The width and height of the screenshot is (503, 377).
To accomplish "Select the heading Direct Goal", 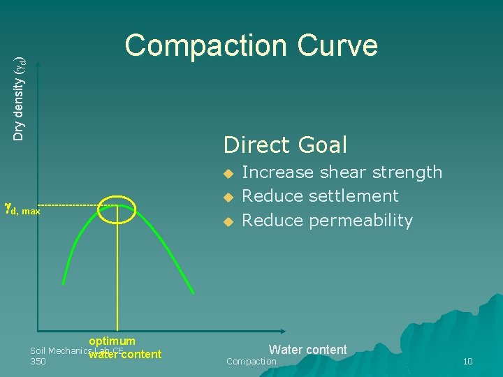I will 285,145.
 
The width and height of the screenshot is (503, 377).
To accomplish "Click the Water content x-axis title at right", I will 307,350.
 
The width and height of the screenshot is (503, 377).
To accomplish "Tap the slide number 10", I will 467,362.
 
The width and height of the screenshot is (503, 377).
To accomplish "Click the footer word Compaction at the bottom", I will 251,362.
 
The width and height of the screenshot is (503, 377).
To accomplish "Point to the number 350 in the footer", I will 38,362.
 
